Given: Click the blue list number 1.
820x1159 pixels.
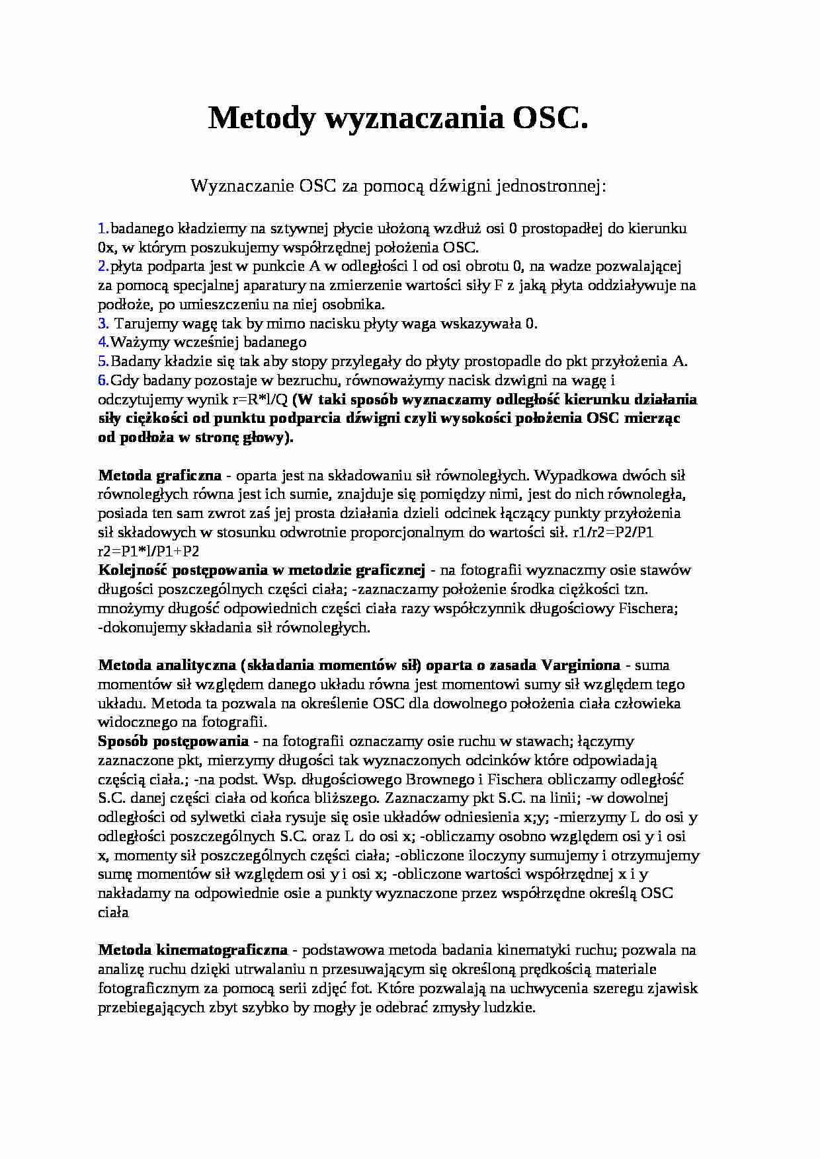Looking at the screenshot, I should [x=102, y=229].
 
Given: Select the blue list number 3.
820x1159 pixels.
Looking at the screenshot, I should [x=102, y=324].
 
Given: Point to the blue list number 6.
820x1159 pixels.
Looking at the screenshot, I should [x=102, y=381].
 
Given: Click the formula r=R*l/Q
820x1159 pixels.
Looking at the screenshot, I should [x=260, y=400].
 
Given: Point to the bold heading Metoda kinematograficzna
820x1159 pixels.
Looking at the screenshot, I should [x=193, y=950].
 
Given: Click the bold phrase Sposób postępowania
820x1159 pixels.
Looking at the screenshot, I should [x=174, y=741].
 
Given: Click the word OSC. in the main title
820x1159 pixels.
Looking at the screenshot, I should [x=550, y=120].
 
